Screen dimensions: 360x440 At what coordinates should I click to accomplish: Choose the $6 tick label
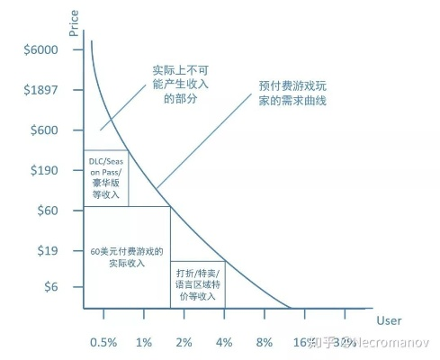click(50, 286)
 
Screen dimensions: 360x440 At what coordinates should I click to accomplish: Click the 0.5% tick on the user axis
click(103, 343)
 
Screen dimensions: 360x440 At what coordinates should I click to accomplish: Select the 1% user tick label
click(144, 343)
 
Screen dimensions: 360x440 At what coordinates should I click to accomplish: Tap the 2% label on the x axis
click(184, 343)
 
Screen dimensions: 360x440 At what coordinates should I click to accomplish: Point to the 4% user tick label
click(224, 343)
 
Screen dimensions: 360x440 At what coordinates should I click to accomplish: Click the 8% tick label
click(265, 343)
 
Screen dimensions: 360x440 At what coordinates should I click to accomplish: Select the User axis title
click(388, 319)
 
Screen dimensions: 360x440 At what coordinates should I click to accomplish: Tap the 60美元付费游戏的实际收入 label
click(126, 257)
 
